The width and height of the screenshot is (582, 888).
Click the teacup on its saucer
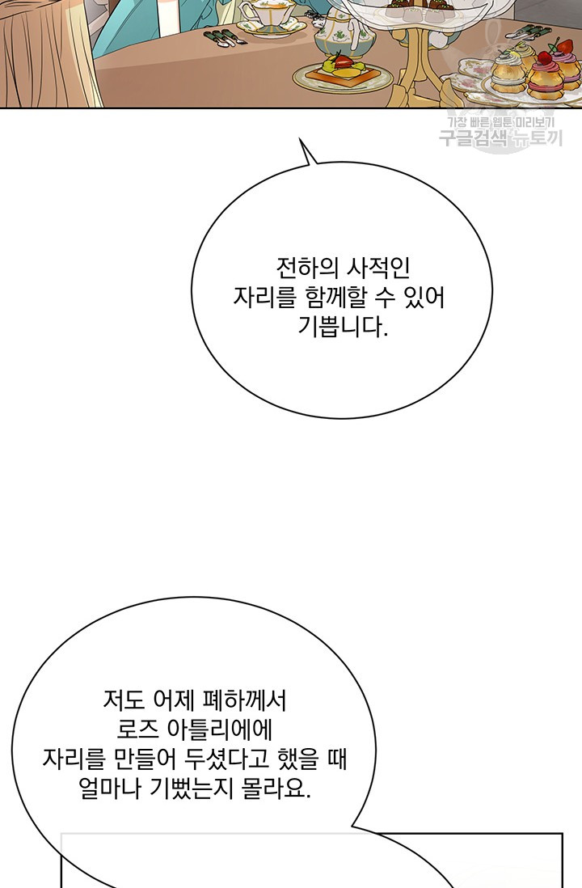[266, 15]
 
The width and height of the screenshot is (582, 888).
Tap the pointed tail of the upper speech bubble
[300, 139]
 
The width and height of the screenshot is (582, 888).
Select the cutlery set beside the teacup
[226, 37]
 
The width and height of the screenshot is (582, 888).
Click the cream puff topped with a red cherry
[545, 74]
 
